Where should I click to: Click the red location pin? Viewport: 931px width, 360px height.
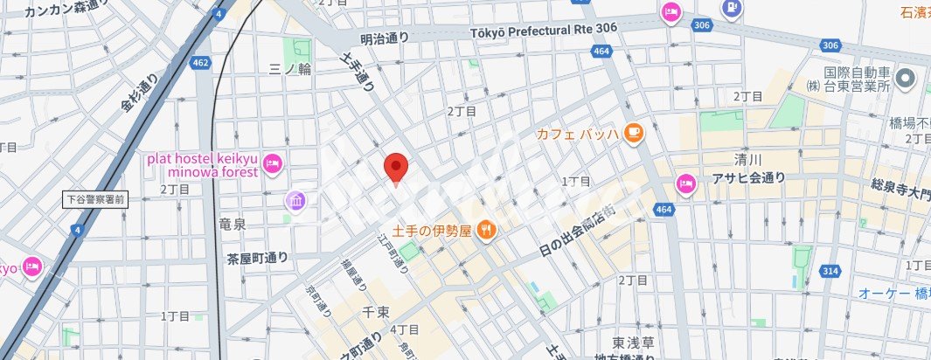click(396, 167)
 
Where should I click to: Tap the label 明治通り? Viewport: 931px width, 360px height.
click(385, 38)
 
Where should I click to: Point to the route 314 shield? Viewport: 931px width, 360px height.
click(830, 272)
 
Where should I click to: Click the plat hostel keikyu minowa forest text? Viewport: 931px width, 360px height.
click(202, 164)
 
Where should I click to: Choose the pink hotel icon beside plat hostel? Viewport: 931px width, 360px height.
click(272, 162)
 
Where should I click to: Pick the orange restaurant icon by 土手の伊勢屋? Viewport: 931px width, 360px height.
click(487, 231)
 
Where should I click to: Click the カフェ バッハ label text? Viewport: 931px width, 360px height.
click(577, 134)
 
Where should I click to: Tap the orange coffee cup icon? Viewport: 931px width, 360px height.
click(633, 133)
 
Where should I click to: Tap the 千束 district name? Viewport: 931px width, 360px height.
click(376, 311)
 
